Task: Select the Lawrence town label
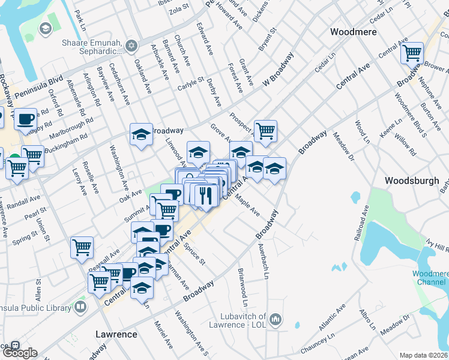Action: click(116, 334)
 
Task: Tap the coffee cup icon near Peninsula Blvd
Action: click(25, 119)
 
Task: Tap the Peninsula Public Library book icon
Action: click(80, 307)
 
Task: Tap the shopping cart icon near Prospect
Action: click(265, 131)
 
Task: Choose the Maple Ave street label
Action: click(247, 204)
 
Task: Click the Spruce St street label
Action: click(196, 254)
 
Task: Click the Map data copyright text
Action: click(424, 355)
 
